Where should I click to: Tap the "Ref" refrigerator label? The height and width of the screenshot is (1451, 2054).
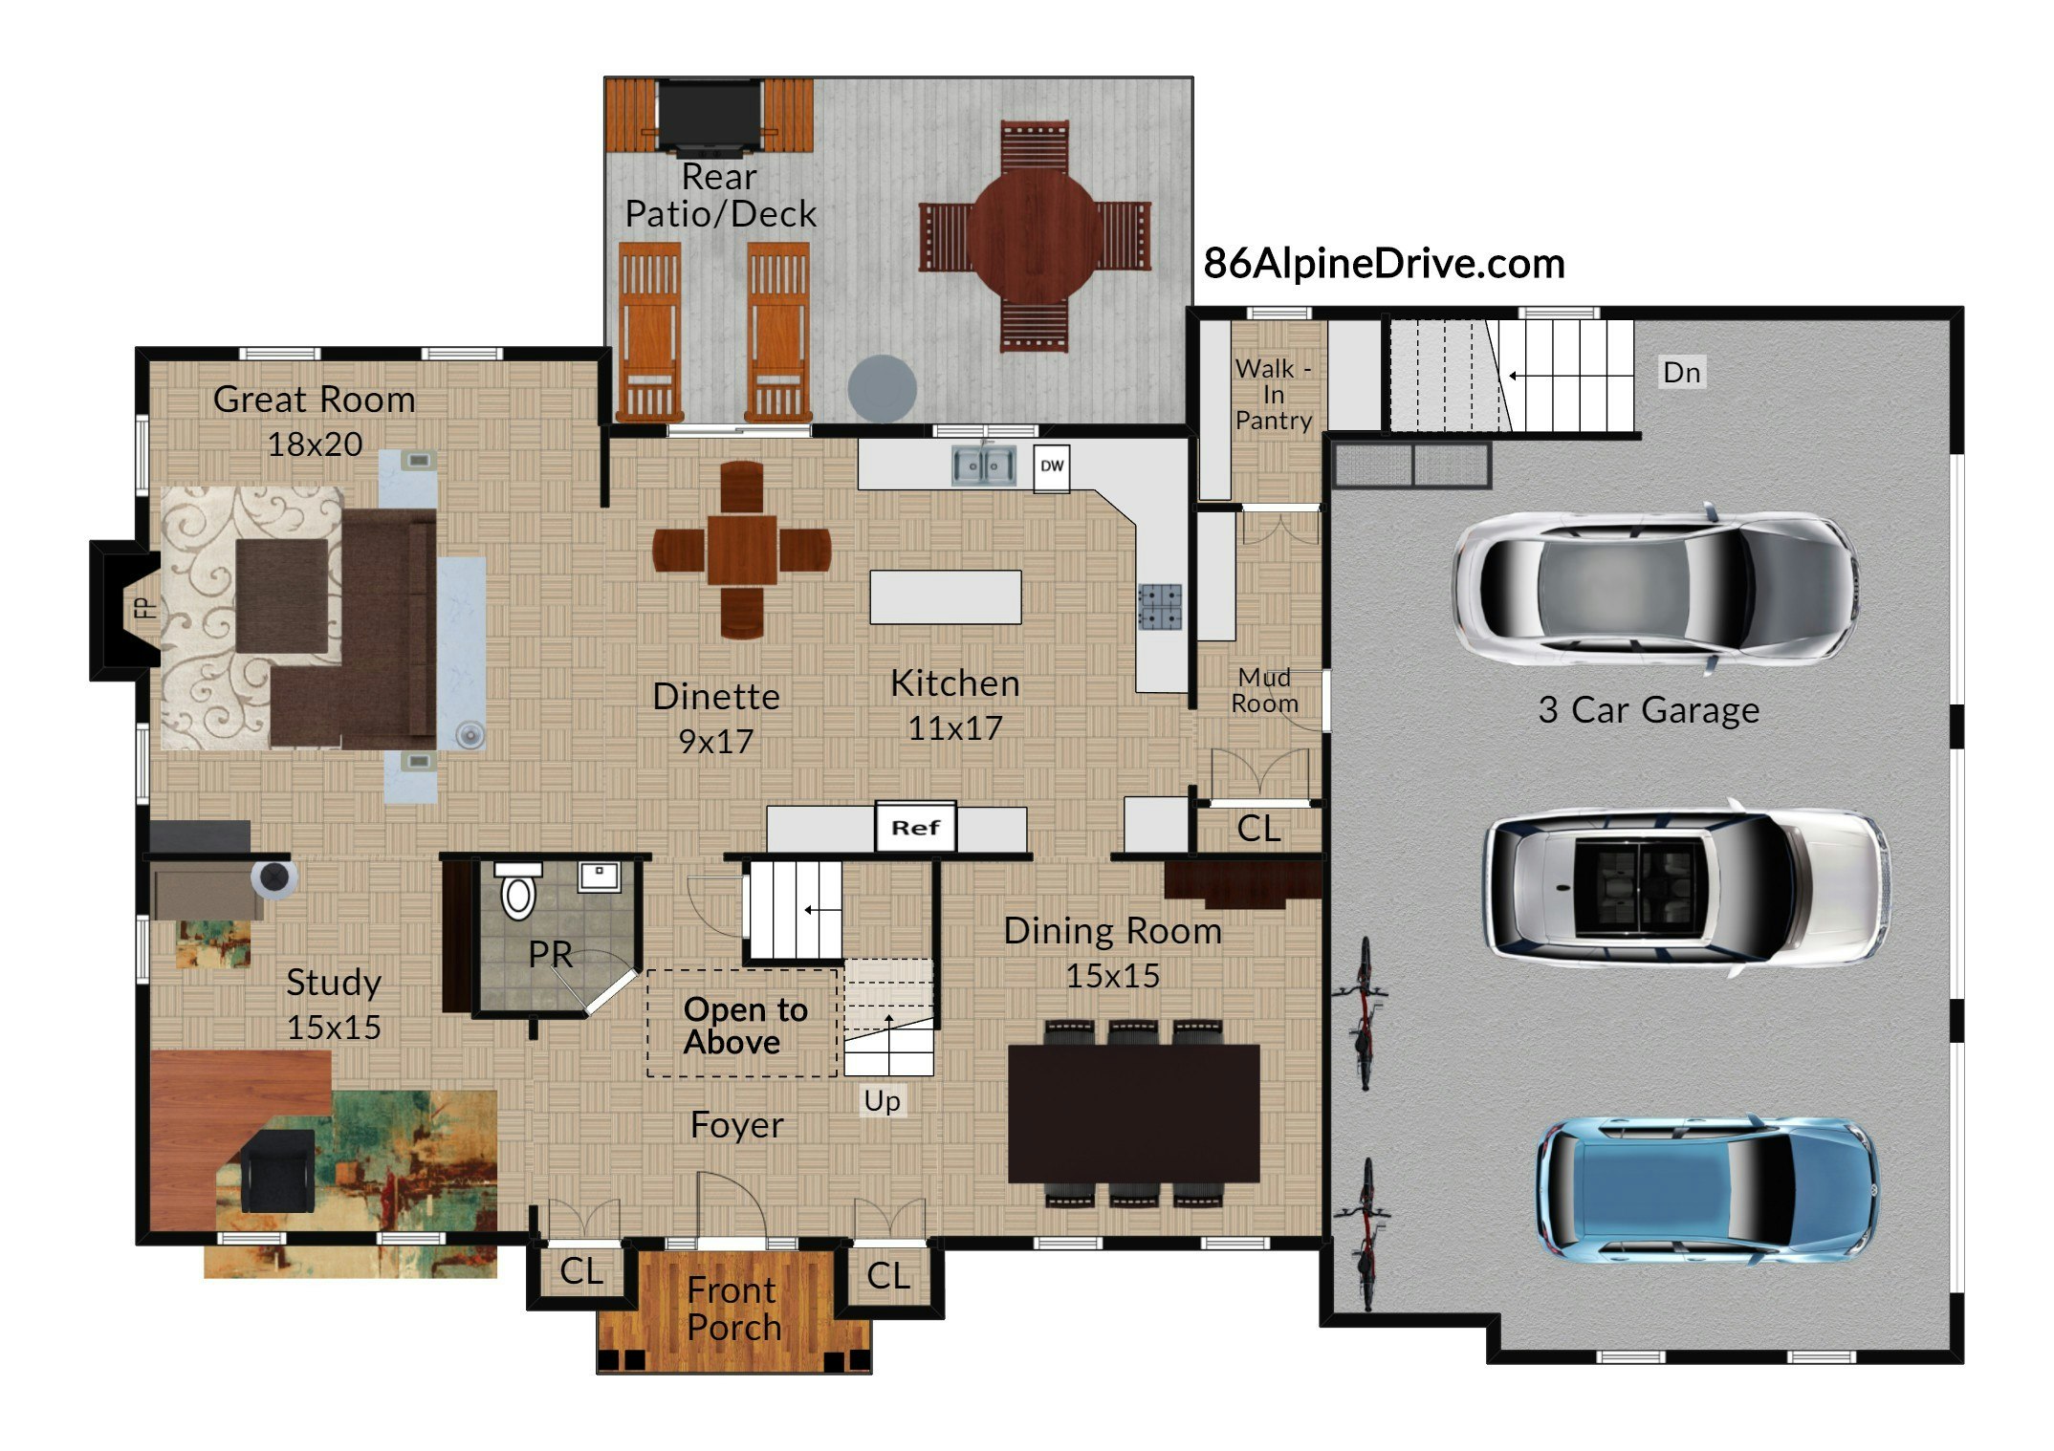coord(916,828)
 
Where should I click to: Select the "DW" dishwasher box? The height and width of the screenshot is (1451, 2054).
coord(1052,467)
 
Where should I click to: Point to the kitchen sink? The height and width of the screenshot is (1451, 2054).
coord(983,466)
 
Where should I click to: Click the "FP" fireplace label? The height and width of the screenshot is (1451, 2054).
coord(144,608)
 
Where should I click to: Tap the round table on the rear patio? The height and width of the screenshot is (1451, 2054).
coord(1035,235)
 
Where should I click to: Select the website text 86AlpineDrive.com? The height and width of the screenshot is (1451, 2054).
coord(1384,264)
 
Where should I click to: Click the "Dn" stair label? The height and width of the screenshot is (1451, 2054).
coord(1682,372)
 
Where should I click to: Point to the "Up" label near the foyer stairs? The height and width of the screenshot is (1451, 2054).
coord(882,1101)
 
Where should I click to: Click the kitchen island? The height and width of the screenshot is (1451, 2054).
coord(946,597)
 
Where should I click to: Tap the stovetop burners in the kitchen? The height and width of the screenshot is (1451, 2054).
coord(1160,606)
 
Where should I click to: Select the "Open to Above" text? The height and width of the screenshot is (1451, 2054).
coord(746,1025)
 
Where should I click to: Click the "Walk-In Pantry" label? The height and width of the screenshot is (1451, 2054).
coord(1273,394)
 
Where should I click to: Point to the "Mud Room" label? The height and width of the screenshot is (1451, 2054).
coord(1264,690)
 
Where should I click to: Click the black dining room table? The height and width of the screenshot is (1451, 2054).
coord(1134,1114)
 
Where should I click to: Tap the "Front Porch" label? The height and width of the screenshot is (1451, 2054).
coord(733,1309)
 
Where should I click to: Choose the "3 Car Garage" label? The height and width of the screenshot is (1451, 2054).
coord(1649,709)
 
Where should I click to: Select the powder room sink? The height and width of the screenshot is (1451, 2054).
coord(599,876)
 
